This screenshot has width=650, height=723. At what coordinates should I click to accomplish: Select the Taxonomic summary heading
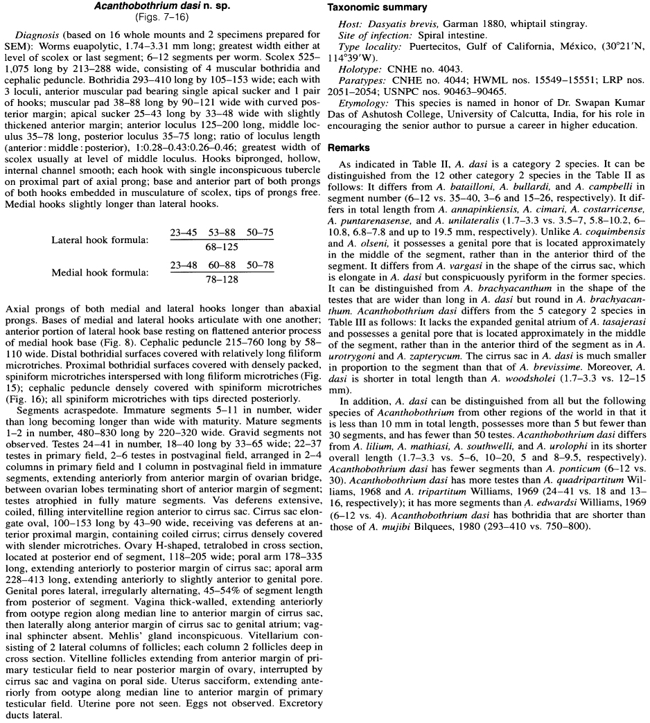377,7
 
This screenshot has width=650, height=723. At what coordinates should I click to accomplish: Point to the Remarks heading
350,148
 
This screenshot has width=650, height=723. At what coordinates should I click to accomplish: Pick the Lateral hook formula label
100,240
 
